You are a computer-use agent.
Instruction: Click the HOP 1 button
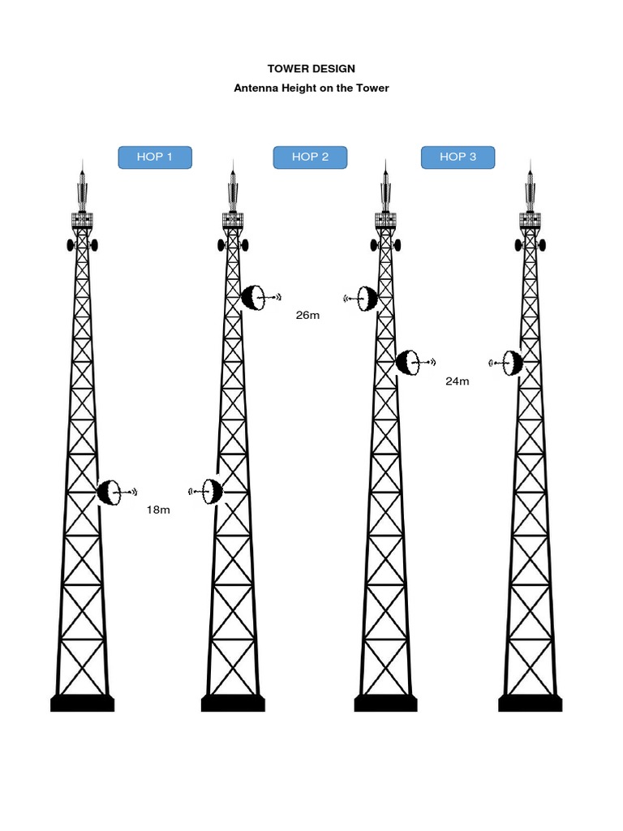point(155,157)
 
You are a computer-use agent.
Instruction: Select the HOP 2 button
point(310,157)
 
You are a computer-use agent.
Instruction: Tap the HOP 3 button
point(458,157)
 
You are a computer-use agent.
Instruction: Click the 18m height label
point(158,510)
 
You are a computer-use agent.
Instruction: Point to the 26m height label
point(307,315)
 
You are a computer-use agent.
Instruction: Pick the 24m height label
point(458,381)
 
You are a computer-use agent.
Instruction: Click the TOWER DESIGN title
point(311,69)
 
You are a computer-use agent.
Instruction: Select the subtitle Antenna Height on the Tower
point(311,88)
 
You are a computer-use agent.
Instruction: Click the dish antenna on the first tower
point(110,492)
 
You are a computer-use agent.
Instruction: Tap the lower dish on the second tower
point(212,491)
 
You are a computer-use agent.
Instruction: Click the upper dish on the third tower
point(367,299)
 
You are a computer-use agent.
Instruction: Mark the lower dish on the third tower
point(407,362)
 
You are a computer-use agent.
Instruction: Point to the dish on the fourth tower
point(512,363)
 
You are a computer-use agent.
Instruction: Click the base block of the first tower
point(82,703)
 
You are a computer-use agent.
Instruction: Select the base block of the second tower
point(233,703)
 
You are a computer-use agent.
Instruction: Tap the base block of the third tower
point(385,703)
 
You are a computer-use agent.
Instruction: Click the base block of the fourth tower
point(531,703)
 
